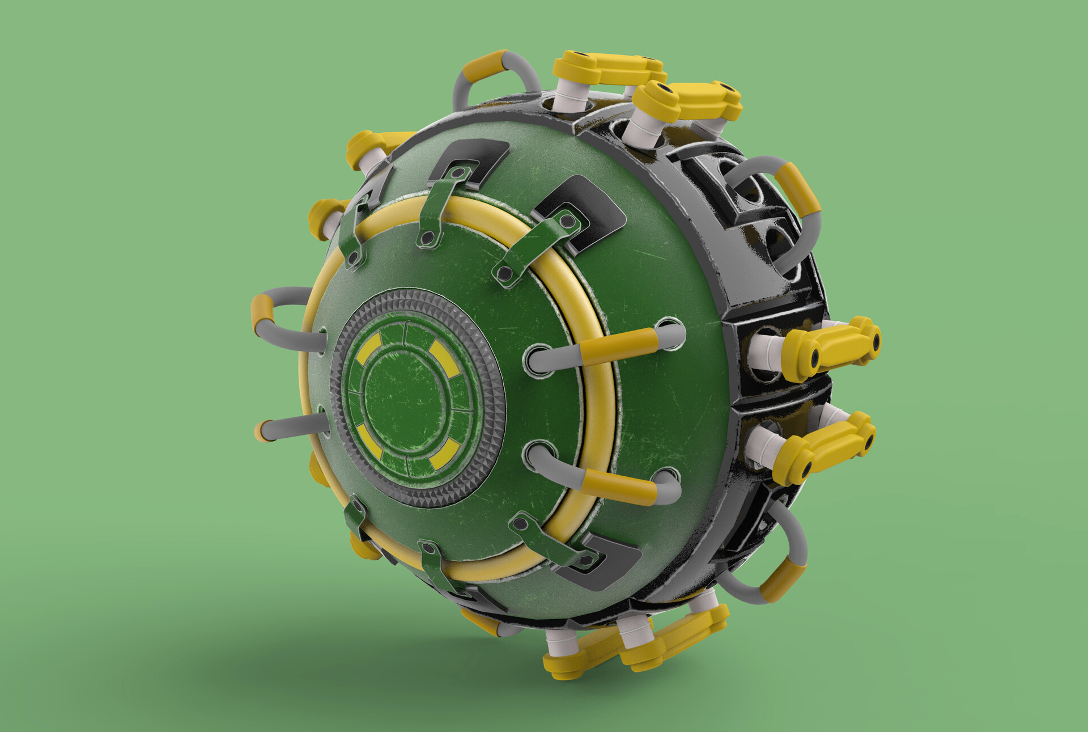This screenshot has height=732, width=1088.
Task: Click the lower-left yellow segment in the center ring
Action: click(368, 441)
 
